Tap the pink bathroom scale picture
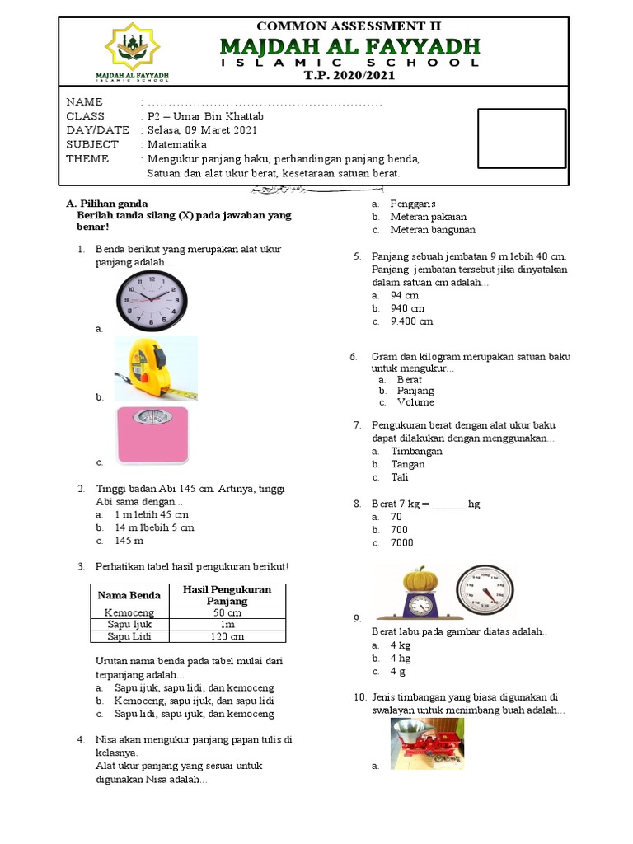tap(152, 435)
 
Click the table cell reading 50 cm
tap(227, 613)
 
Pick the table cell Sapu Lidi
tap(131, 636)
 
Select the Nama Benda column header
tap(131, 595)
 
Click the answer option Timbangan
tap(416, 451)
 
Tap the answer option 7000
tap(402, 542)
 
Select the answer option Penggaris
tap(413, 204)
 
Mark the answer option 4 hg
tap(401, 659)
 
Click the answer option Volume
tap(415, 402)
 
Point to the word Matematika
tap(176, 144)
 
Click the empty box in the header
tap(523, 138)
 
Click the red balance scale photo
tap(427, 744)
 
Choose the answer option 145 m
tap(129, 541)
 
